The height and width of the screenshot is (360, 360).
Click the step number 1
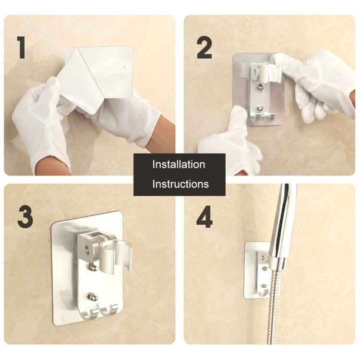click(21, 48)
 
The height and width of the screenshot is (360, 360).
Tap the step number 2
click(204, 48)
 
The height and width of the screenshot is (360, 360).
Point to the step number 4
click(204, 217)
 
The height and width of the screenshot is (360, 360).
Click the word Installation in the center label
click(179, 164)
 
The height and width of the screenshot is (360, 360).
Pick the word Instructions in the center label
click(180, 184)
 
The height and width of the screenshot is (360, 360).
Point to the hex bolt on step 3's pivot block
click(88, 250)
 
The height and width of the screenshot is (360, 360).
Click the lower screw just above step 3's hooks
click(93, 297)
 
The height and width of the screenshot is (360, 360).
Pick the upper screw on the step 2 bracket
click(260, 88)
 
